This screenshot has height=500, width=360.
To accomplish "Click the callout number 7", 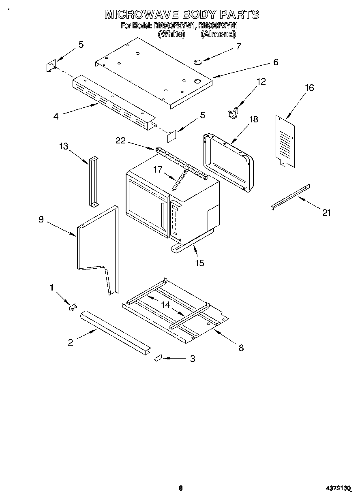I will point(238,46).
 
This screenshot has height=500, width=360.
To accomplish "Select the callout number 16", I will point(309,88).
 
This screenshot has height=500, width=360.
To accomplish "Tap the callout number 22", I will point(120,140).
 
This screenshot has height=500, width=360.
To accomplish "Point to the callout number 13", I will point(64,146).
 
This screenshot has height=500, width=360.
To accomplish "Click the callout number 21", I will point(326,212).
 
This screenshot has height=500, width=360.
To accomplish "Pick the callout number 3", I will point(192,359).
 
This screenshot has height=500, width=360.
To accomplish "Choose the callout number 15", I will point(199,263).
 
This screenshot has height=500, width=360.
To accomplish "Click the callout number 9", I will point(41,219).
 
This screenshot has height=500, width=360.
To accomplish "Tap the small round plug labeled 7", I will point(198,62).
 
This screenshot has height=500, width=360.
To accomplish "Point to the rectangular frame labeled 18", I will point(227,162).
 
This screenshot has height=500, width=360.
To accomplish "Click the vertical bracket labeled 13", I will point(94,181).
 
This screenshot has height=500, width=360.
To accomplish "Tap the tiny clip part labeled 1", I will point(73,307).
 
